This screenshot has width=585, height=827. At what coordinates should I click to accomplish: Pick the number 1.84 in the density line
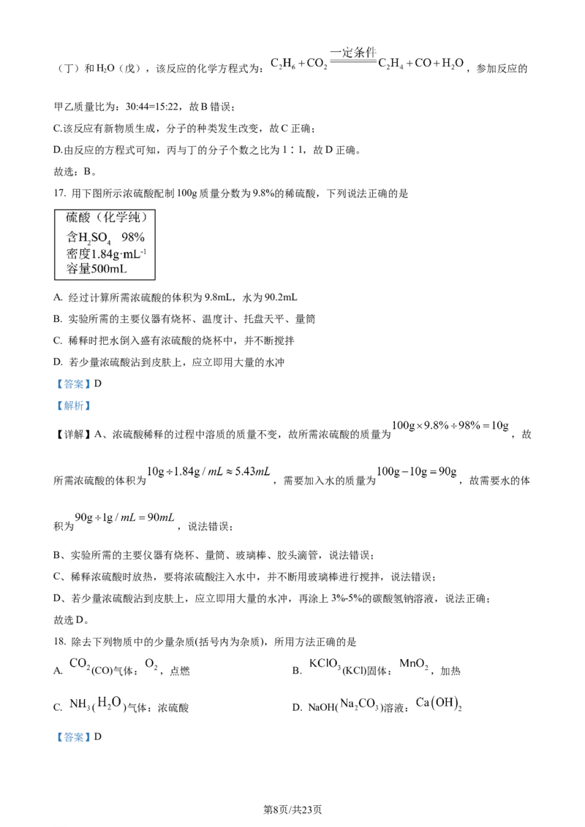coord(103,254)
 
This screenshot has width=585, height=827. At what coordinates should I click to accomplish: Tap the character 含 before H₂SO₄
coord(72,237)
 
